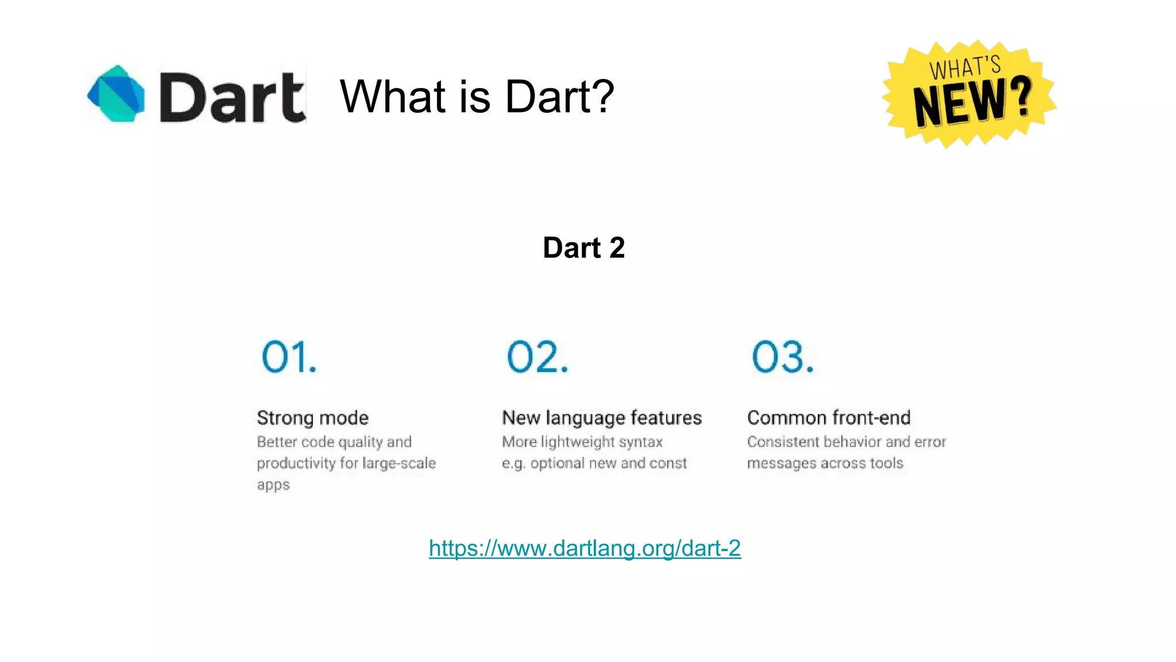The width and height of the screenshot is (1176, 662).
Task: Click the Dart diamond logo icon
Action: coord(117,94)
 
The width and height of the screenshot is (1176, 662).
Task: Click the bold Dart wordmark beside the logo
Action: coord(232,98)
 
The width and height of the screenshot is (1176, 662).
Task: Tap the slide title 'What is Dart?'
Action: coord(477,96)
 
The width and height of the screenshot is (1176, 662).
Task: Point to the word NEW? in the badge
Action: coord(972,102)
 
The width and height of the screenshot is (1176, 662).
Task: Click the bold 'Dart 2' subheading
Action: coord(583,248)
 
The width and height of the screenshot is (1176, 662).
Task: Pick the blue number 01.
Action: coord(289,357)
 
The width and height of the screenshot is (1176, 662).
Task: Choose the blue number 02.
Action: coord(537,357)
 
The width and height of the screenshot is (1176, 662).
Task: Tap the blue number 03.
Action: coord(783,357)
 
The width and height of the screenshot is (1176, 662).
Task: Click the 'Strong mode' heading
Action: coord(312,418)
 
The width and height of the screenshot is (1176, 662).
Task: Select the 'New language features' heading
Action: coord(602,418)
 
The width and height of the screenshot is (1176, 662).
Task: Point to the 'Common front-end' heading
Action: coord(829,418)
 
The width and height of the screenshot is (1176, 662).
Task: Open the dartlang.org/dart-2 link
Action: coord(585,548)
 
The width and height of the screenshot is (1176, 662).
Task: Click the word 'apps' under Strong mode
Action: coord(273,485)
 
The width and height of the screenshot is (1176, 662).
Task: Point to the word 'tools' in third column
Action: coord(887,463)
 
